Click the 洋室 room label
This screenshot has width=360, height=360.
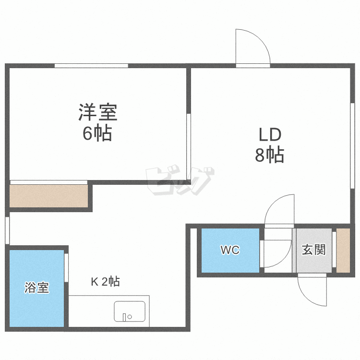tap(98, 112)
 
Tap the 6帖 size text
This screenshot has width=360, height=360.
tap(97, 133)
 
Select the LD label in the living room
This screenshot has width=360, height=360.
tap(270, 135)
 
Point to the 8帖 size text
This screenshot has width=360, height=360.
tap(270, 155)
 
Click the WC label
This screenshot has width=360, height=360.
tap(230, 250)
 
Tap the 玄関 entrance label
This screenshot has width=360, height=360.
tap(314, 250)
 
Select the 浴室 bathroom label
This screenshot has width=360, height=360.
tap(37, 288)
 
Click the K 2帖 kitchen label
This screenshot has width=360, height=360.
tap(106, 281)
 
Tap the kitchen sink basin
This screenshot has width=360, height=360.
tap(130, 312)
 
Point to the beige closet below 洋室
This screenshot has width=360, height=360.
tap(49, 196)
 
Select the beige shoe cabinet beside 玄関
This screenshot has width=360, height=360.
tap(343, 250)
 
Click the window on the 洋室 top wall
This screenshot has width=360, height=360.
tap(91, 66)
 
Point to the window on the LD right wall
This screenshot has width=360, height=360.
tap(352, 146)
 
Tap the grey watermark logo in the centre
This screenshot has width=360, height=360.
tap(180, 180)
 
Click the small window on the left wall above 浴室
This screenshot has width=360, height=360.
tap(7, 230)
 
